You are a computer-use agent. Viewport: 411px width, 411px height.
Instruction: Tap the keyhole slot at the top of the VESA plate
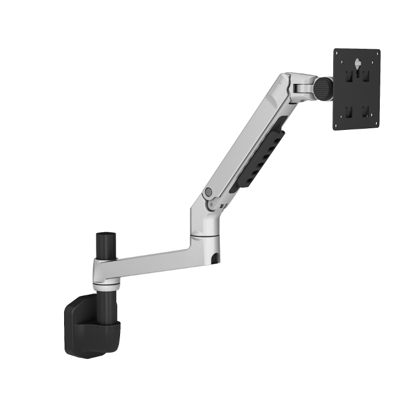click(x=357, y=64)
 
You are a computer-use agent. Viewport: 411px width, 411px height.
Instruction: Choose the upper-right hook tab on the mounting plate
click(x=366, y=76)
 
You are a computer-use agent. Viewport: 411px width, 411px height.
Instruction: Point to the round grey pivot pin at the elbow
click(x=208, y=192)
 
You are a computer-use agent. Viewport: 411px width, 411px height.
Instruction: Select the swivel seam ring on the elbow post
click(x=205, y=237)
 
